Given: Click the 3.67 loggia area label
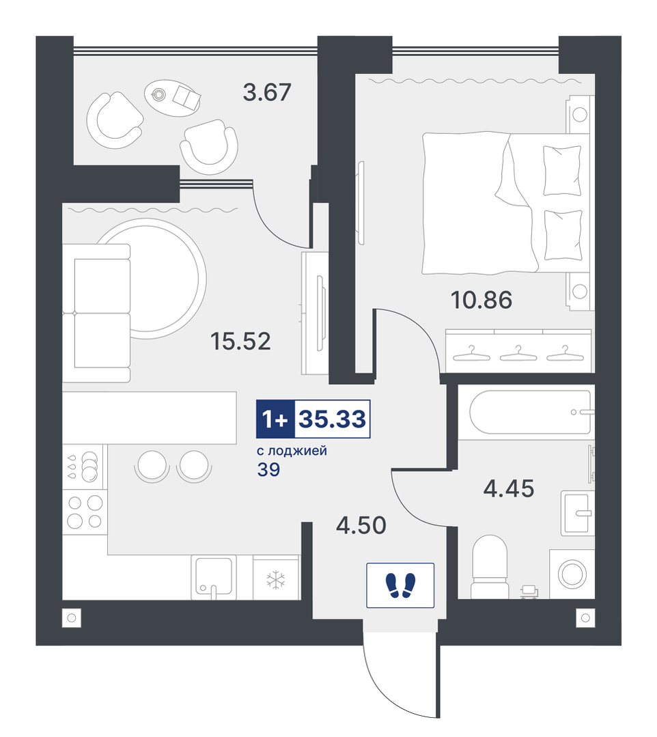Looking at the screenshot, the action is click(267, 92).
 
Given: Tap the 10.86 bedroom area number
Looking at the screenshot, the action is click(481, 300).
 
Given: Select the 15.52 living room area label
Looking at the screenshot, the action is click(240, 342).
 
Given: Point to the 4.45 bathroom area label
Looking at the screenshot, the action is click(509, 489).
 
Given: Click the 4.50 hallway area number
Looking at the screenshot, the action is click(361, 525).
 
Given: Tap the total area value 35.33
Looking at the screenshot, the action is click(333, 419).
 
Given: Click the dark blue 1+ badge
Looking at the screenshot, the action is click(275, 419).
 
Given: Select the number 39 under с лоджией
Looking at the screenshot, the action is click(269, 469).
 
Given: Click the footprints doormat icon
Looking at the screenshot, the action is click(400, 585).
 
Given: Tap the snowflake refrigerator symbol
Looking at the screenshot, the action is click(276, 579).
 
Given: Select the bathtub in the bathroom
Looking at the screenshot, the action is click(531, 412).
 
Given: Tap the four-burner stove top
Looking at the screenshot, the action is click(85, 512).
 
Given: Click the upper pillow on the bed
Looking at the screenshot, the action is click(563, 170).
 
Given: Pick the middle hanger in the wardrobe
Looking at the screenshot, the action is click(518, 353).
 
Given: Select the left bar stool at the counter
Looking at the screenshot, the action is click(152, 465).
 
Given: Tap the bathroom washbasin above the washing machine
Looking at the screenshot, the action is click(578, 513).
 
